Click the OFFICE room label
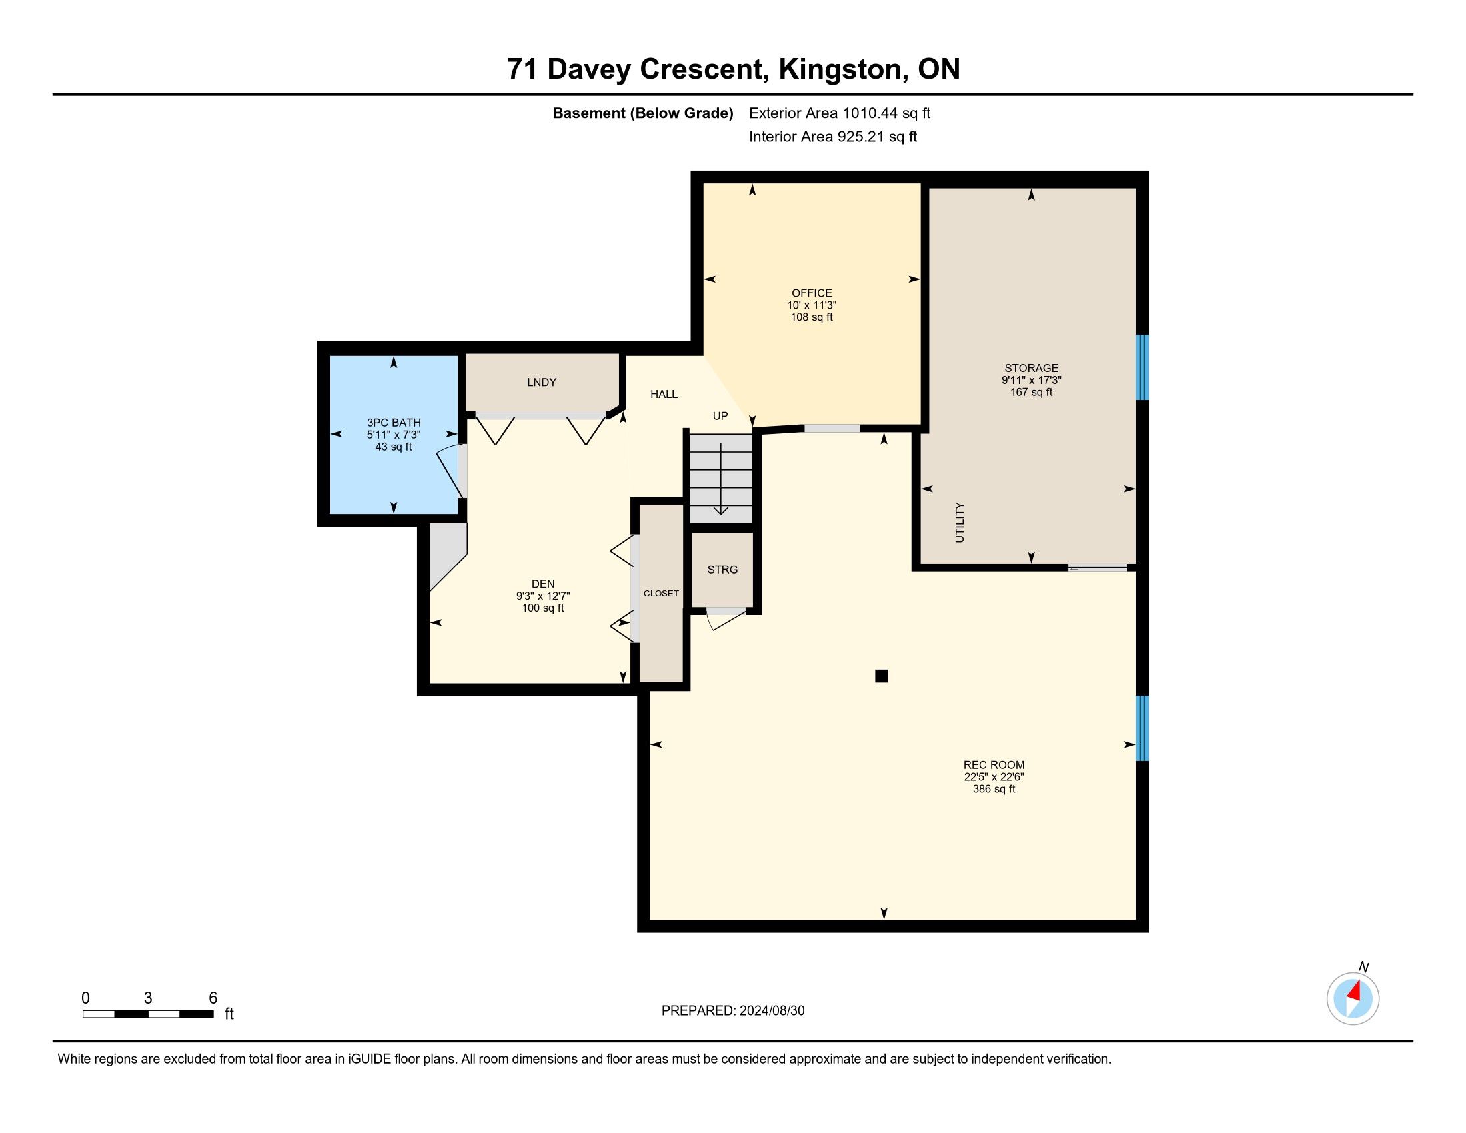tap(812, 293)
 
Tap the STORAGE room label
tap(1031, 368)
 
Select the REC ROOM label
tap(994, 764)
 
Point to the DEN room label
tap(543, 584)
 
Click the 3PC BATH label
tap(394, 422)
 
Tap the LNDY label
tap(542, 382)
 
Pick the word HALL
tap(664, 394)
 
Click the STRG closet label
tap(722, 569)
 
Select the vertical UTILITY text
tap(959, 523)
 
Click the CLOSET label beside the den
tap(661, 593)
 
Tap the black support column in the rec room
tap(882, 676)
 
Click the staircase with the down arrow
tap(721, 478)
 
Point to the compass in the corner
tap(1353, 998)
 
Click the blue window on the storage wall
tap(1141, 367)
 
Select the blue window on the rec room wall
tap(1141, 728)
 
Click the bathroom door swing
tap(450, 472)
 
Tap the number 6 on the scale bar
tap(213, 998)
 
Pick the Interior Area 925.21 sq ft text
tap(833, 136)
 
